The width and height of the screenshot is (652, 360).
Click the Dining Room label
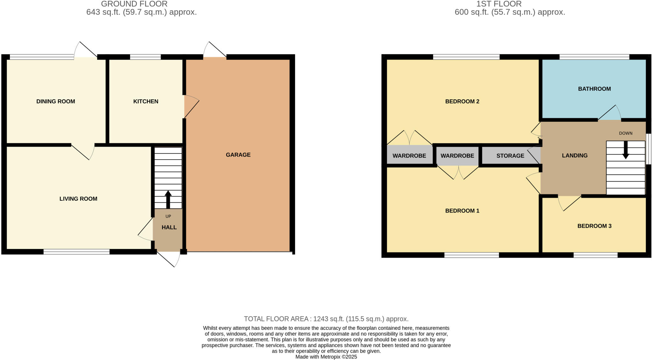[56, 101]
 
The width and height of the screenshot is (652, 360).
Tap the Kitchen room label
[145, 101]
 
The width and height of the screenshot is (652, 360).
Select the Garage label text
[238, 155]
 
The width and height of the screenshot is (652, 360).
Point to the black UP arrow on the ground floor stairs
[168, 199]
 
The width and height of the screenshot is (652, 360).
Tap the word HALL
[169, 227]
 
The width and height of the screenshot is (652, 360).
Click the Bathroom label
[594, 89]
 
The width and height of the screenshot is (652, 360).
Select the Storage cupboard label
[510, 156]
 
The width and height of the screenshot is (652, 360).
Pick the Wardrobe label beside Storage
[457, 156]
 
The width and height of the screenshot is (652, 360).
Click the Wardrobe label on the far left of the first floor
[409, 156]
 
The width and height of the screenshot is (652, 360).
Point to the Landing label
[575, 155]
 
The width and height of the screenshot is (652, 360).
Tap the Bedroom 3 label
[594, 226]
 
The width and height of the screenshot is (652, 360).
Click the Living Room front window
[76, 252]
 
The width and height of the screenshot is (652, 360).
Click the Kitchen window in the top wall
[145, 57]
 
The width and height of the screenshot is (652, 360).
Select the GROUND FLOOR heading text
[134, 4]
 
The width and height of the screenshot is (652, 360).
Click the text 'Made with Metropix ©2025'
[326, 357]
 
